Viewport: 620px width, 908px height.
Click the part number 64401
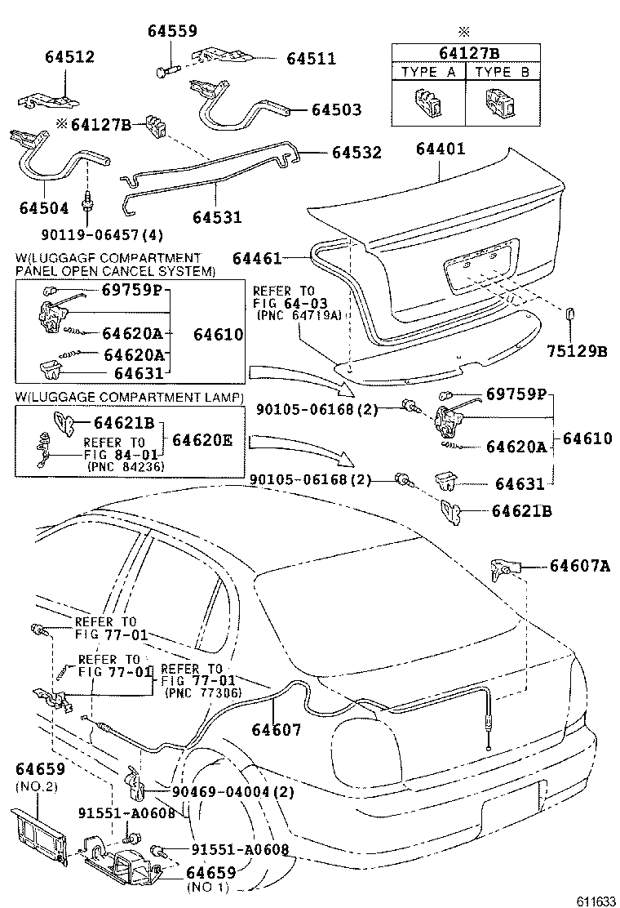440,149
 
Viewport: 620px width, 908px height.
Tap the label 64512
69,57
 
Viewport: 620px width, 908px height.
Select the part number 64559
172,31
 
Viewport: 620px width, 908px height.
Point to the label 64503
335,109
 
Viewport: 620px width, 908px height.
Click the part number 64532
356,153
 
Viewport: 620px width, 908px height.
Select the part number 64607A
579,565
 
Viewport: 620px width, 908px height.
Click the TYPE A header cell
428,72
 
